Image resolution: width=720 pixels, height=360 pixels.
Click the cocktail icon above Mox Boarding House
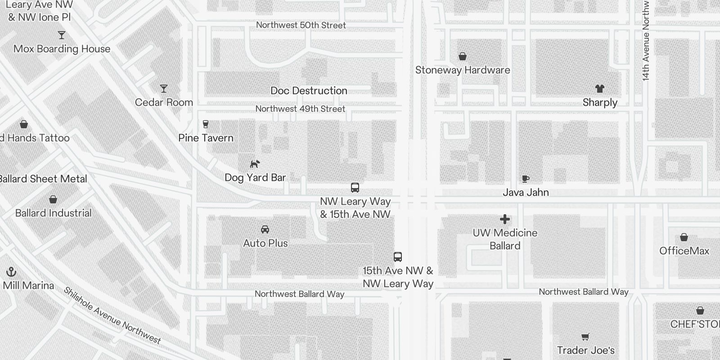click(x=62, y=35)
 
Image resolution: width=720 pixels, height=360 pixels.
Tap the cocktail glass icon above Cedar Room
click(x=164, y=89)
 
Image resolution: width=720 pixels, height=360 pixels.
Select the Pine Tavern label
click(x=206, y=138)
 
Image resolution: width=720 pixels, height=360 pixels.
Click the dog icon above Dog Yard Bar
click(x=255, y=164)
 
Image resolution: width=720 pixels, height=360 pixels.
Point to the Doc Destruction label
click(x=309, y=90)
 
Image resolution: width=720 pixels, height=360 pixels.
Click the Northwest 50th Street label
click(x=301, y=25)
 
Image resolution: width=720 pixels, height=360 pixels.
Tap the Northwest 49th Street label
click(x=300, y=109)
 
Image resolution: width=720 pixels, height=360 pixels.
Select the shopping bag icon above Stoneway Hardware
click(x=462, y=56)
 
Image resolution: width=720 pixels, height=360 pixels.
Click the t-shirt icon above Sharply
click(x=599, y=89)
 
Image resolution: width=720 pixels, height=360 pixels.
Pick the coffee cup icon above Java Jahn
click(x=525, y=179)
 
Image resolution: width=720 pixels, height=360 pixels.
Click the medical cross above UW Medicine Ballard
click(x=505, y=219)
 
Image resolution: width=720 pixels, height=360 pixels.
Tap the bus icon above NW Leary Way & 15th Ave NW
click(x=355, y=188)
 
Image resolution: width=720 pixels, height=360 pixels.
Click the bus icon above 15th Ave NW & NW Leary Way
click(x=398, y=257)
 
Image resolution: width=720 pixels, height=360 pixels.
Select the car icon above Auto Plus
click(x=265, y=229)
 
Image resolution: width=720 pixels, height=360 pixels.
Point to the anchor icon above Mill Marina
click(x=11, y=272)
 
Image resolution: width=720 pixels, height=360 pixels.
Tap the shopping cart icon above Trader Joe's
click(x=585, y=337)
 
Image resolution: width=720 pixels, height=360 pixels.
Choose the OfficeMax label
click(x=684, y=251)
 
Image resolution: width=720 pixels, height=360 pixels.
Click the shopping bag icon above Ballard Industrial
click(x=53, y=199)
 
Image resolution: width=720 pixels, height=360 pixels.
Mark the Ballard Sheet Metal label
click(x=43, y=179)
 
